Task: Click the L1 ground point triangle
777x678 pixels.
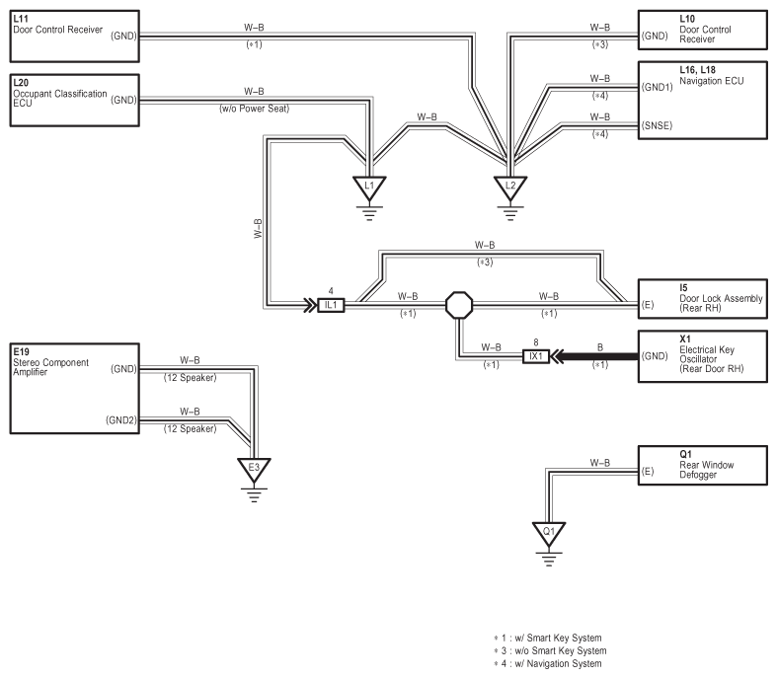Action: pyautogui.click(x=369, y=188)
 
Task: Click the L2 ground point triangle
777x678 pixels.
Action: pyautogui.click(x=510, y=188)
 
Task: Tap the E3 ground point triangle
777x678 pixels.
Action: pyautogui.click(x=254, y=469)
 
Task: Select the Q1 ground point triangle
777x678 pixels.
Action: pyautogui.click(x=549, y=533)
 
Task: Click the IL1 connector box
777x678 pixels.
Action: pyautogui.click(x=331, y=305)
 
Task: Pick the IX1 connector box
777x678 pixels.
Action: pyautogui.click(x=536, y=356)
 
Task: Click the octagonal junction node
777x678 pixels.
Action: pyautogui.click(x=459, y=305)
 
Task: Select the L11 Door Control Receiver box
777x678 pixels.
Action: pyautogui.click(x=74, y=37)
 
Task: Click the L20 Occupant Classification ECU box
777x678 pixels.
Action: pyautogui.click(x=74, y=100)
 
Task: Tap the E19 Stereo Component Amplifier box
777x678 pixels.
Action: pyautogui.click(x=74, y=388)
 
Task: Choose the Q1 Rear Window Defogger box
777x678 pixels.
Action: pyautogui.click(x=703, y=465)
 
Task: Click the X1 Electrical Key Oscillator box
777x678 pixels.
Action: pyautogui.click(x=703, y=356)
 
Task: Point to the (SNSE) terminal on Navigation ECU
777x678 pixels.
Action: pyautogui.click(x=658, y=125)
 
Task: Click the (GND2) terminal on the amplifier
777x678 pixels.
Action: pyautogui.click(x=120, y=420)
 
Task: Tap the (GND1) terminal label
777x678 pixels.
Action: pyautogui.click(x=658, y=87)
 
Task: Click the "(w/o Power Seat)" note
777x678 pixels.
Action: pyautogui.click(x=254, y=109)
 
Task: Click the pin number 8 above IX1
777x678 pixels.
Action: pyautogui.click(x=536, y=342)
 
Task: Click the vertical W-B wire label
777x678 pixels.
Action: pyautogui.click(x=258, y=229)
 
